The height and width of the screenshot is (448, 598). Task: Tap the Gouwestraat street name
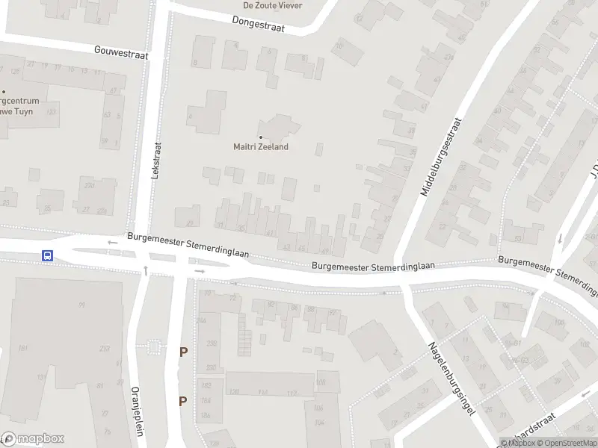pyautogui.click(x=122, y=52)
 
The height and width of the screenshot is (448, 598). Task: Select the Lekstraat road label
pyautogui.click(x=156, y=159)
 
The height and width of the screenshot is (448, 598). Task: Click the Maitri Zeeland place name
pyautogui.click(x=261, y=147)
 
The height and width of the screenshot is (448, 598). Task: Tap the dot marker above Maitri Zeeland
pyautogui.click(x=260, y=137)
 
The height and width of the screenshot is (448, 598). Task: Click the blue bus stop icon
pyautogui.click(x=47, y=255)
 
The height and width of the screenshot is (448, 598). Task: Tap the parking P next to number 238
pyautogui.click(x=182, y=352)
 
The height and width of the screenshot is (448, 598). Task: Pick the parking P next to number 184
pyautogui.click(x=182, y=401)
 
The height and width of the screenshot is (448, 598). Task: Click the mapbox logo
pyautogui.click(x=33, y=439)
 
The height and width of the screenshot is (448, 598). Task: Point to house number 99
pyautogui.click(x=81, y=305)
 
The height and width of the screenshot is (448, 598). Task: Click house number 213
pyautogui.click(x=104, y=349)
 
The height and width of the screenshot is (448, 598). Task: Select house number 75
pyautogui.click(x=106, y=432)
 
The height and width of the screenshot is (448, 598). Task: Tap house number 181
pyautogui.click(x=23, y=349)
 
